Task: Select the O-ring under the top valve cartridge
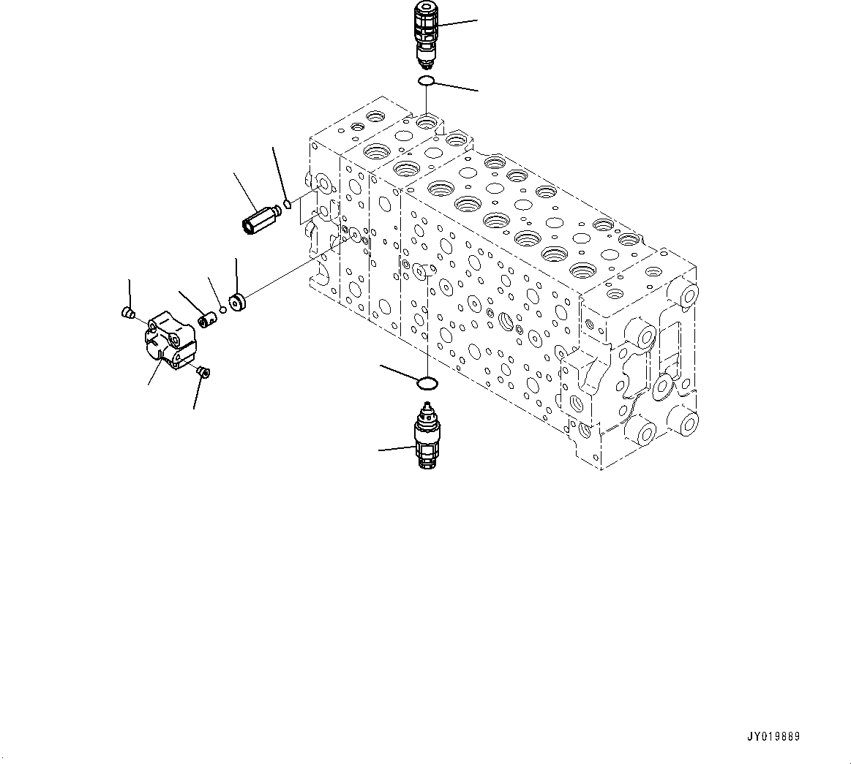tap(427, 80)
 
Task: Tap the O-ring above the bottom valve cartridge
tap(427, 382)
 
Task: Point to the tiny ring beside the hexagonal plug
tap(288, 204)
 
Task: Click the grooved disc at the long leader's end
tap(237, 301)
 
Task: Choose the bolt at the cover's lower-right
tap(203, 373)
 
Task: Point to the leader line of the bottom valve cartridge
tap(397, 447)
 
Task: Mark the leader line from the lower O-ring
tap(399, 372)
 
